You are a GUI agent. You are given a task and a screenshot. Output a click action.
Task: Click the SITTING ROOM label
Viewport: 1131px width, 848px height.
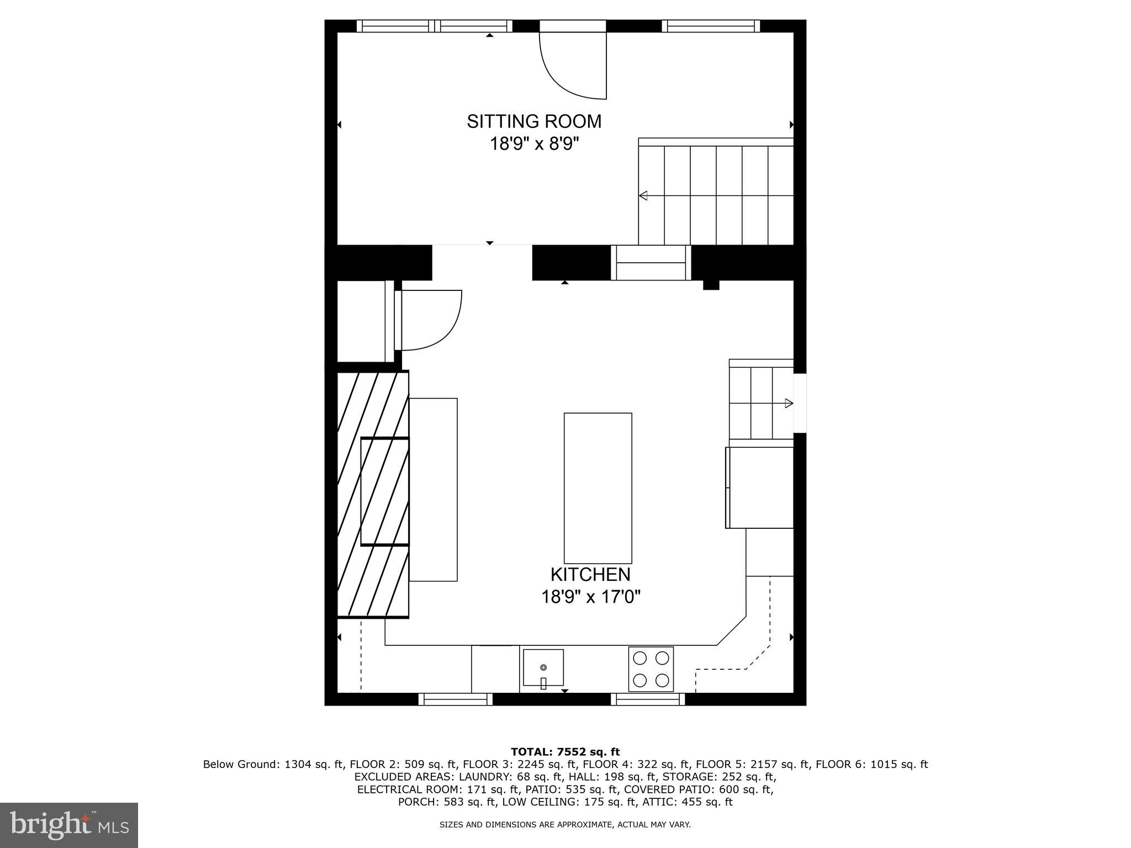(x=533, y=121)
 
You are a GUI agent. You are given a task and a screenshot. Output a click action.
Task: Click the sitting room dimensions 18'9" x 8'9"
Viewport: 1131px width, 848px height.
(x=533, y=145)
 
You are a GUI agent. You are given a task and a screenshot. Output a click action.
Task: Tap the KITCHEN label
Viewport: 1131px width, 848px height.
(x=590, y=575)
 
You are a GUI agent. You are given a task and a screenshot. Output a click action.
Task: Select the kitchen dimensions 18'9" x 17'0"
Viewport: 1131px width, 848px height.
(x=590, y=597)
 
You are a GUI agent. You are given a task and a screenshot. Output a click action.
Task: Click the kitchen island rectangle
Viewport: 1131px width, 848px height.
(x=598, y=487)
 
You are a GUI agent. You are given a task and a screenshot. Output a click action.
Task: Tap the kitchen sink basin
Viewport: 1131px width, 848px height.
(x=543, y=667)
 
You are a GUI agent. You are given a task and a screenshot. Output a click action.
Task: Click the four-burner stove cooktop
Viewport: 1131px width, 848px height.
(x=651, y=669)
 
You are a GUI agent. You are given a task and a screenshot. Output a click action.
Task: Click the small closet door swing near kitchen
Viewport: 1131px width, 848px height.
(x=431, y=320)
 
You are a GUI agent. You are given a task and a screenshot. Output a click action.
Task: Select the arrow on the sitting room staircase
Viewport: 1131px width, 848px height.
(x=643, y=195)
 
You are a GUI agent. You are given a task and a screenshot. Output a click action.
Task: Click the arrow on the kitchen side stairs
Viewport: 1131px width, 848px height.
(x=789, y=404)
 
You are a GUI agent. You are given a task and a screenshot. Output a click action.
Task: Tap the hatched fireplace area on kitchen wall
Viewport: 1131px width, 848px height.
(x=373, y=494)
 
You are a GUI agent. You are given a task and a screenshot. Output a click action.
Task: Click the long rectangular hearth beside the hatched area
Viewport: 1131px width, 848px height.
(x=433, y=489)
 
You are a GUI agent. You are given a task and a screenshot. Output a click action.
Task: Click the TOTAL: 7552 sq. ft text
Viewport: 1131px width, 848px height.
(x=565, y=752)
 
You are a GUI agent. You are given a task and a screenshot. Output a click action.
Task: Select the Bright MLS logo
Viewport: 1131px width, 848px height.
(x=69, y=825)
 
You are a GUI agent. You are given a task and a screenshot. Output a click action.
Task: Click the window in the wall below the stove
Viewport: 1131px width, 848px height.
(x=648, y=699)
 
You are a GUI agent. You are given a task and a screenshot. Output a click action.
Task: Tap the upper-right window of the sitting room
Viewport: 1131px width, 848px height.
(x=710, y=26)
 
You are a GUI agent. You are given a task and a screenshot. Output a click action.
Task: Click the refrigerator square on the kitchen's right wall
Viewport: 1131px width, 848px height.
(x=760, y=487)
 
